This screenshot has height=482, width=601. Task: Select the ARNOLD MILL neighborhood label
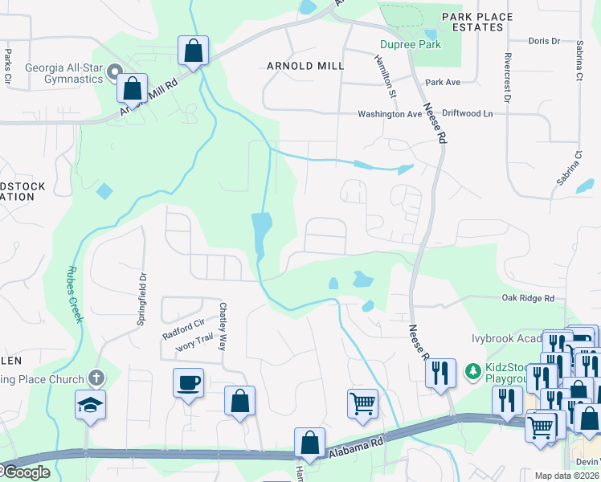[x=305, y=66]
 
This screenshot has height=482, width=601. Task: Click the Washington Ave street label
[x=390, y=114]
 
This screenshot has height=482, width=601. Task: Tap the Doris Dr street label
[x=544, y=41]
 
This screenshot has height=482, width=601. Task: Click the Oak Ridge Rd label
[x=528, y=298]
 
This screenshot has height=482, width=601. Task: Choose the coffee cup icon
[x=188, y=382]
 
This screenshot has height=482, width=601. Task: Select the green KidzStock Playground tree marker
[x=472, y=372]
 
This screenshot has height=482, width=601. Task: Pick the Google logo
[x=26, y=472]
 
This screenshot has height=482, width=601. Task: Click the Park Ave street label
[x=443, y=83]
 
